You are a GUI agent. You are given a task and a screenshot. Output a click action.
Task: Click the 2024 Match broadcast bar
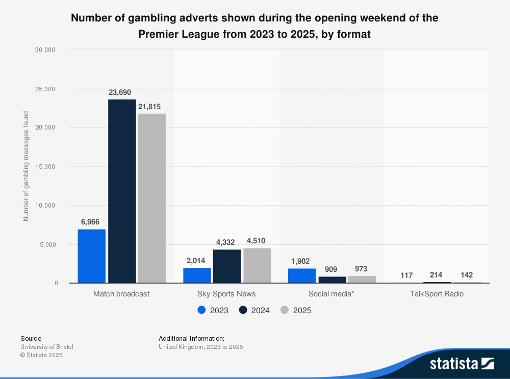coord(122,191)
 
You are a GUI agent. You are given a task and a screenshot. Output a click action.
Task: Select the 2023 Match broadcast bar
coord(92,256)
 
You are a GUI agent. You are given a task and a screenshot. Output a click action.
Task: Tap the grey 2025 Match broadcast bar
coord(151,198)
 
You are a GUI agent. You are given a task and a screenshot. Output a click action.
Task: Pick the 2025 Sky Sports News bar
coord(257,265)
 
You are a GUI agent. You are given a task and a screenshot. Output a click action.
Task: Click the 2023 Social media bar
coord(302,275)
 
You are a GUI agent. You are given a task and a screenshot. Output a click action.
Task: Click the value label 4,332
coord(226,242)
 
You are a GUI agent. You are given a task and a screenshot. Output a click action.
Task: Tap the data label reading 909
coord(332,269)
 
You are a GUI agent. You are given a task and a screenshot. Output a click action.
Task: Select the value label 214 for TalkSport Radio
coord(436,275)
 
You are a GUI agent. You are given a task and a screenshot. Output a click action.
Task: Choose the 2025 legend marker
coord(285,310)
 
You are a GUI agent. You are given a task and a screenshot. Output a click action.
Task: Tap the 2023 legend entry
coord(213,310)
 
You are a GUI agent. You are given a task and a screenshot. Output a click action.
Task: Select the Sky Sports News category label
coord(226,294)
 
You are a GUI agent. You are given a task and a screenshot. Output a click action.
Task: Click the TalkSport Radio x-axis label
coord(437,294)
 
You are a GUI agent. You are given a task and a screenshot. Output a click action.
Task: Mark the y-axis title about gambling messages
coord(26,166)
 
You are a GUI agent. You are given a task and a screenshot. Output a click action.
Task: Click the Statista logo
coord(462,363)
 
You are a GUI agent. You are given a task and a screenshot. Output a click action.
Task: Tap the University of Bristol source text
coord(47,347)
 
